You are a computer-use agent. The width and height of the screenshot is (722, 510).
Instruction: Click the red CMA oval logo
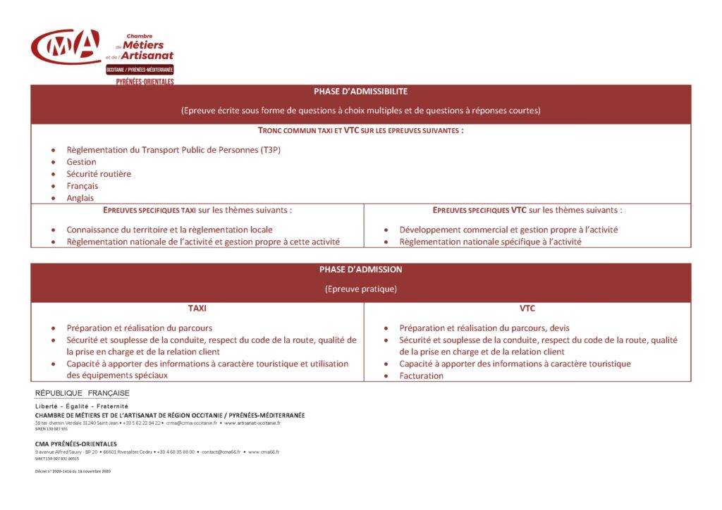click(66, 46)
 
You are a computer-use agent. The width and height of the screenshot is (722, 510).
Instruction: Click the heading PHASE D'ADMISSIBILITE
click(360, 92)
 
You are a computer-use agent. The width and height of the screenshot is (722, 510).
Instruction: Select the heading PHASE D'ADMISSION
click(360, 270)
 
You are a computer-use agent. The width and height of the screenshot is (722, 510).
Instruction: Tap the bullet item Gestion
click(81, 162)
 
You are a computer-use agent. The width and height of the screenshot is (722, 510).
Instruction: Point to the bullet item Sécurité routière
click(99, 174)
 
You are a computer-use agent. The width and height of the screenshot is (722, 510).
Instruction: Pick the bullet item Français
click(82, 186)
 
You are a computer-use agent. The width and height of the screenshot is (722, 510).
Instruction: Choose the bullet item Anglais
click(80, 198)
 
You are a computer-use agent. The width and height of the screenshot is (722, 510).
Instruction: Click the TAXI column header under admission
click(197, 309)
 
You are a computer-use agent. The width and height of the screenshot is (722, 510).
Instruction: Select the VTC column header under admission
click(527, 309)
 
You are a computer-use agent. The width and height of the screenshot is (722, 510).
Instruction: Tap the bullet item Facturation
click(422, 375)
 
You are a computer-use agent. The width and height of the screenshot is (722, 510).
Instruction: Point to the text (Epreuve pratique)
click(360, 289)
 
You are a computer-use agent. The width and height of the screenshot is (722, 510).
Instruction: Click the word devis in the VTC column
click(558, 328)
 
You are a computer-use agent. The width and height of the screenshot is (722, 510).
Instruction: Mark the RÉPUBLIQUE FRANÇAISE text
click(82, 393)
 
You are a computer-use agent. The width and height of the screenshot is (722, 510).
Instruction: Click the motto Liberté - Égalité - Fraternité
click(82, 406)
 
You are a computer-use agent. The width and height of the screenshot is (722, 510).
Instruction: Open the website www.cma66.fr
click(264, 452)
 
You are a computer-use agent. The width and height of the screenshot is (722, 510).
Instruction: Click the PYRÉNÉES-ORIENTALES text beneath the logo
click(145, 82)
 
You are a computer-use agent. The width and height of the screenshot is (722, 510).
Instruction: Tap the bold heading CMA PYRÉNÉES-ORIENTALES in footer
click(76, 444)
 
